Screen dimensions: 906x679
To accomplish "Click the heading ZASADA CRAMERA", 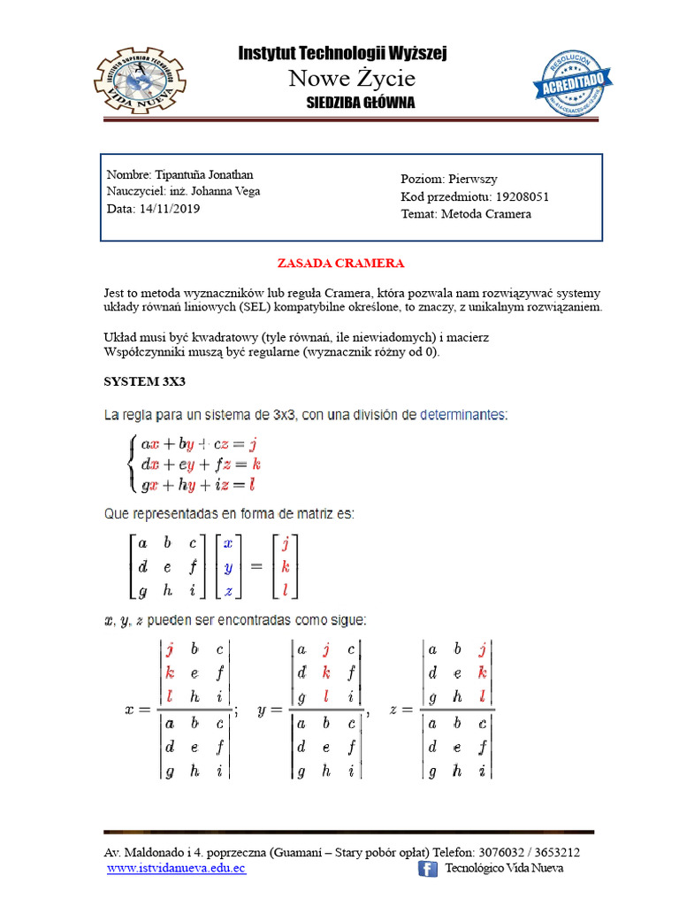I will click(340, 264).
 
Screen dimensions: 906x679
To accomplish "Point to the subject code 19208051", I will click(529, 196).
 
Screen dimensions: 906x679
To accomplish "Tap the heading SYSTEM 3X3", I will click(144, 382).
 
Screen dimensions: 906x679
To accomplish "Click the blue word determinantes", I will click(463, 413).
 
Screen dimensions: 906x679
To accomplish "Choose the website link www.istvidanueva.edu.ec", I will click(176, 869).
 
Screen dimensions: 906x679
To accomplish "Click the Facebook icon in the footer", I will click(428, 870).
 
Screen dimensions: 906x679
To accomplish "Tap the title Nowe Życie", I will click(352, 79).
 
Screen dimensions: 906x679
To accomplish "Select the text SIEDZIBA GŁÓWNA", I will click(360, 103).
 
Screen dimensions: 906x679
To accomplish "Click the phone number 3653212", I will click(553, 852).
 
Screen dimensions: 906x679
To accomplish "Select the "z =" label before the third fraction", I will click(403, 709).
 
